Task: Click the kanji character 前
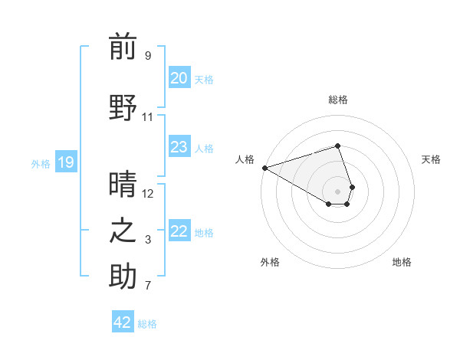pos(123,47)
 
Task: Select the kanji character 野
pos(123,107)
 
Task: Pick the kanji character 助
pos(123,277)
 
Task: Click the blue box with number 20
pos(179,78)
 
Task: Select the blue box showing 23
pos(179,147)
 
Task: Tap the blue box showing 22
pos(179,231)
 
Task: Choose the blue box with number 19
pos(65,162)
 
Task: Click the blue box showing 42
pos(123,322)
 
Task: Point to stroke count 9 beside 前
pos(147,56)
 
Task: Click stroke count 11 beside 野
pos(147,117)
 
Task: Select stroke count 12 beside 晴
pos(147,193)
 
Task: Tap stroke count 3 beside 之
pos(147,241)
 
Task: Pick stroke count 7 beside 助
pos(147,286)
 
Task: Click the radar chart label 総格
pos(337,100)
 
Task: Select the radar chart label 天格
pos(431,159)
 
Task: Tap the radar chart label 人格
pos(244,159)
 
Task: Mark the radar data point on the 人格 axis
pos(264,167)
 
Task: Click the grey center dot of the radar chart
pos(337,191)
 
